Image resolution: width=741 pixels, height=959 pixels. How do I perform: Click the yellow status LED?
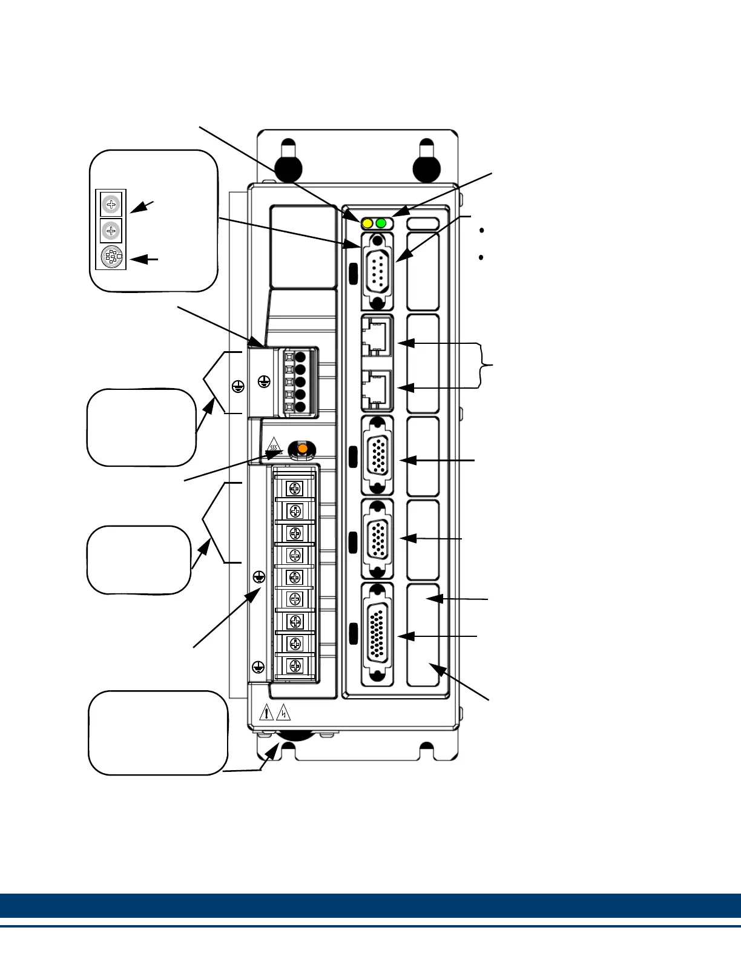tap(367, 223)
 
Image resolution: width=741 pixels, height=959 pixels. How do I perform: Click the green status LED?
tap(381, 223)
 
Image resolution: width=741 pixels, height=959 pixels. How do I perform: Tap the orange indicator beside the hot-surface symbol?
tap(301, 449)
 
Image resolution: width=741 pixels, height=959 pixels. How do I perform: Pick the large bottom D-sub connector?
tap(377, 634)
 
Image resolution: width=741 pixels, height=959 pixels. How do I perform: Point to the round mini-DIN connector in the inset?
tap(111, 257)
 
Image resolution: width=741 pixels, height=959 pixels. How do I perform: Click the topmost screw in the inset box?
tap(111, 204)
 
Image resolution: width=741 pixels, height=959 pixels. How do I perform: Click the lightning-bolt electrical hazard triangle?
tap(283, 713)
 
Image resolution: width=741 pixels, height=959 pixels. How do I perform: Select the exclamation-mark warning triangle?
tap(266, 713)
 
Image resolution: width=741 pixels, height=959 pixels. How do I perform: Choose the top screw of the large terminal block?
tap(295, 489)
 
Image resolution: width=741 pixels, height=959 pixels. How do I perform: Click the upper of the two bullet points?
tap(481, 231)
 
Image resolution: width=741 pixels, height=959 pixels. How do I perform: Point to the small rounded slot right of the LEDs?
tap(423, 223)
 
